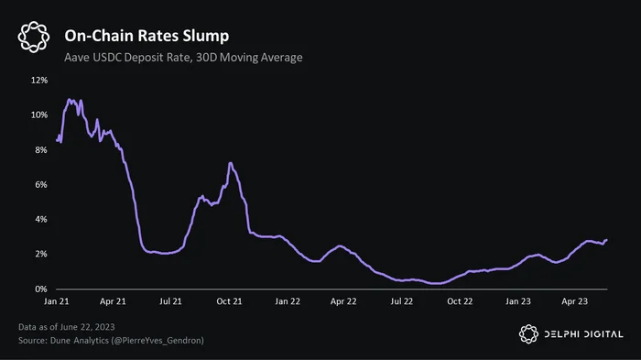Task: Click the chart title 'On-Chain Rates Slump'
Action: [147, 36]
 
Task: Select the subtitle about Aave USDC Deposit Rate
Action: [183, 58]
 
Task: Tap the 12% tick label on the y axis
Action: [39, 81]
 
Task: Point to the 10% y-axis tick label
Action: [39, 115]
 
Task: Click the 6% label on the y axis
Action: [41, 184]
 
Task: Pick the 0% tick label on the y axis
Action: [41, 289]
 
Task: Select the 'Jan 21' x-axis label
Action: [57, 301]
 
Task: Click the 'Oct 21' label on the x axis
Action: [229, 301]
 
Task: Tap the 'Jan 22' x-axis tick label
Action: [288, 301]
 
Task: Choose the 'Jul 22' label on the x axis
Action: [402, 301]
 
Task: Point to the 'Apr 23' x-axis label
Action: [574, 301]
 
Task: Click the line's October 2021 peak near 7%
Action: [231, 163]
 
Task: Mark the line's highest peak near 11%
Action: [69, 100]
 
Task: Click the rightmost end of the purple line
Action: [606, 240]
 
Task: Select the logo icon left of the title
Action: [34, 37]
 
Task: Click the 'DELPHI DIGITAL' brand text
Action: [584, 334]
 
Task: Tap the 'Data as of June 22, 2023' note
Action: [67, 327]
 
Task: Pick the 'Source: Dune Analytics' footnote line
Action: [111, 341]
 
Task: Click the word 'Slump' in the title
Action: [206, 36]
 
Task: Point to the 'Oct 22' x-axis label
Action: [460, 301]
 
